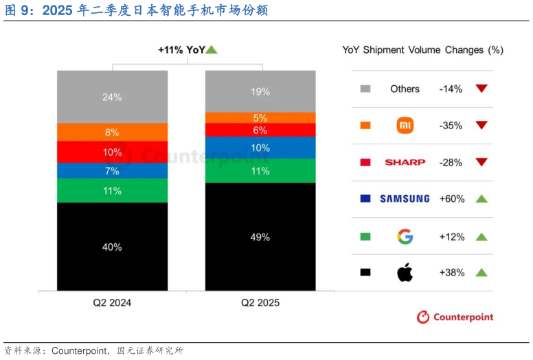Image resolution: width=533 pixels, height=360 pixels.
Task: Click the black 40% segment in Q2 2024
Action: [112, 246]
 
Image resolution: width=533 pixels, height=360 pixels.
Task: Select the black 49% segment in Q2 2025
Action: [260, 236]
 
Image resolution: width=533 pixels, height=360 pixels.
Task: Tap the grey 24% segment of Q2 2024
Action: [112, 97]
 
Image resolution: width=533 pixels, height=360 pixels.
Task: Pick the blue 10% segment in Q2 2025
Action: [260, 148]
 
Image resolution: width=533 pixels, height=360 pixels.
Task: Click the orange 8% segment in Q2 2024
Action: [112, 132]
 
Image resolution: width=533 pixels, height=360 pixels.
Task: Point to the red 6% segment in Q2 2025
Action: [260, 130]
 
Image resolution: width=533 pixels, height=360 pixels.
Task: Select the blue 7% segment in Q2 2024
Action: [112, 170]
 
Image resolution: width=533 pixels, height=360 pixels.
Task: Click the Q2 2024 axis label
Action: [112, 302]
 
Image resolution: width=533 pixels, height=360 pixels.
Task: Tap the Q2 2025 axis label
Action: [260, 302]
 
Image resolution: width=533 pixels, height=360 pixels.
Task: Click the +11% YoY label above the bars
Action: [182, 49]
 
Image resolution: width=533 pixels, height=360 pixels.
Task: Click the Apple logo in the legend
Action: [405, 273]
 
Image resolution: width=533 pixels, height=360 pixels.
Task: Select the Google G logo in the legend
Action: [405, 237]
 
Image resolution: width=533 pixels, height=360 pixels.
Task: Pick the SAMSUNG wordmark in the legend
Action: [405, 199]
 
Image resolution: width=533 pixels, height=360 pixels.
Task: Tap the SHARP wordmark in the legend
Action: [405, 162]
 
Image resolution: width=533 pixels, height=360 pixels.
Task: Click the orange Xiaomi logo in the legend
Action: [405, 126]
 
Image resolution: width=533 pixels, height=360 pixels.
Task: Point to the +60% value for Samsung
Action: [452, 199]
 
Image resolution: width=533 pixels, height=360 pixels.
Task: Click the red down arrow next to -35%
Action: [481, 126]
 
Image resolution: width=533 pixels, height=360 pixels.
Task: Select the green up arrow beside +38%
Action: [481, 273]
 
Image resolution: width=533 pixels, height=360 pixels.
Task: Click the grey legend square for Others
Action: [365, 89]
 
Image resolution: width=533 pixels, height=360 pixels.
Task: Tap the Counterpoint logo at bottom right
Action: [455, 317]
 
